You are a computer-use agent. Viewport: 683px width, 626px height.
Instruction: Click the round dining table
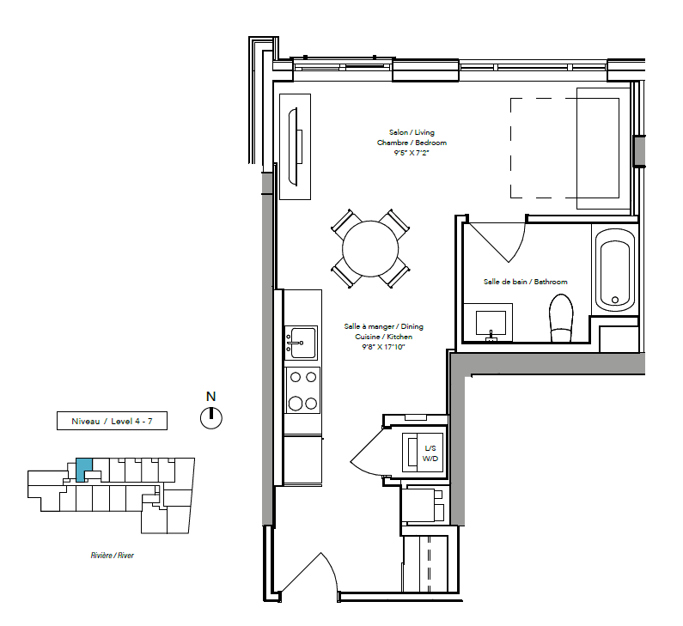tap(370, 248)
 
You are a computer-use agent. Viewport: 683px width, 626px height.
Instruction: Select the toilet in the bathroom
tap(561, 318)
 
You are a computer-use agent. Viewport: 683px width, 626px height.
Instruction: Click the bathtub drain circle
tap(615, 300)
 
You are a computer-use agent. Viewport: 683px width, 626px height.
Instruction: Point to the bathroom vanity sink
tap(491, 325)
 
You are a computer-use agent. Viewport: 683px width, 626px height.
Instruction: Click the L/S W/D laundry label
tap(430, 453)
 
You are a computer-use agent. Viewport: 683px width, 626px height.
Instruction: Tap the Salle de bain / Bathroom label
tap(525, 282)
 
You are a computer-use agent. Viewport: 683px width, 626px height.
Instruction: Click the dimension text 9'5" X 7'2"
tap(412, 153)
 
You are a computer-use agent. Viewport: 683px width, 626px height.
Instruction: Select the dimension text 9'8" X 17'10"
tap(383, 347)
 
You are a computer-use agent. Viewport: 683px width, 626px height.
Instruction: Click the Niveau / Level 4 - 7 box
tap(112, 421)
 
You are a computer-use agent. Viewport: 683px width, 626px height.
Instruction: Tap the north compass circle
tap(211, 418)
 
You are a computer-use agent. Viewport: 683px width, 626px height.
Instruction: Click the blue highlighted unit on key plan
tap(83, 469)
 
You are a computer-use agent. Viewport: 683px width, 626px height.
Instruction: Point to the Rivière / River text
tap(113, 555)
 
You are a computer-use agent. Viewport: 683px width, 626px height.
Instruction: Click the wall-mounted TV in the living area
tap(295, 147)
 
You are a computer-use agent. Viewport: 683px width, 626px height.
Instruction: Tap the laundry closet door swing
tap(367, 452)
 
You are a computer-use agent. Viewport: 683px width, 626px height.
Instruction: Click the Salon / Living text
tap(412, 132)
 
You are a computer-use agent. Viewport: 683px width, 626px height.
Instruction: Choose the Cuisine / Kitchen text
tap(383, 337)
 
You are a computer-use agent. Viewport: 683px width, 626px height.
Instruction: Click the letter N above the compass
tap(210, 396)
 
